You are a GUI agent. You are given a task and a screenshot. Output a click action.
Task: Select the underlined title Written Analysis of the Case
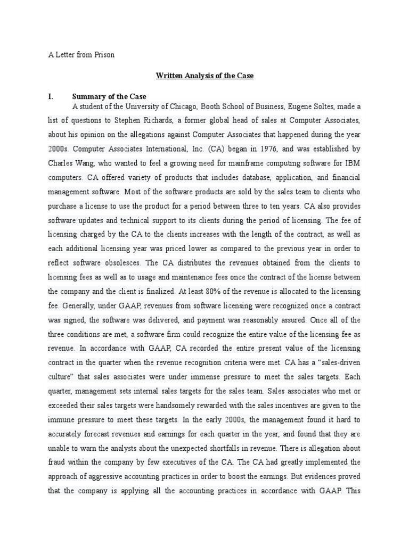(204, 76)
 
